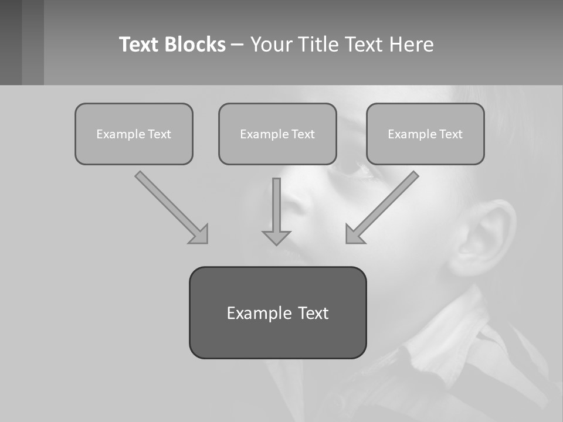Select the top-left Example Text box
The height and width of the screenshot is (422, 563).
coord(134,134)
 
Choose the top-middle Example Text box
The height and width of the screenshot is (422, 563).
coord(277,134)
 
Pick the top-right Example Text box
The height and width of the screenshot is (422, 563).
coord(425,134)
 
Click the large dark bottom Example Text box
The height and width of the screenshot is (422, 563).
coord(277,312)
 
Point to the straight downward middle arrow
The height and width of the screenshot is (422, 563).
coord(276,205)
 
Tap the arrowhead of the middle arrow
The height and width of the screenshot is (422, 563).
coord(276,237)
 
